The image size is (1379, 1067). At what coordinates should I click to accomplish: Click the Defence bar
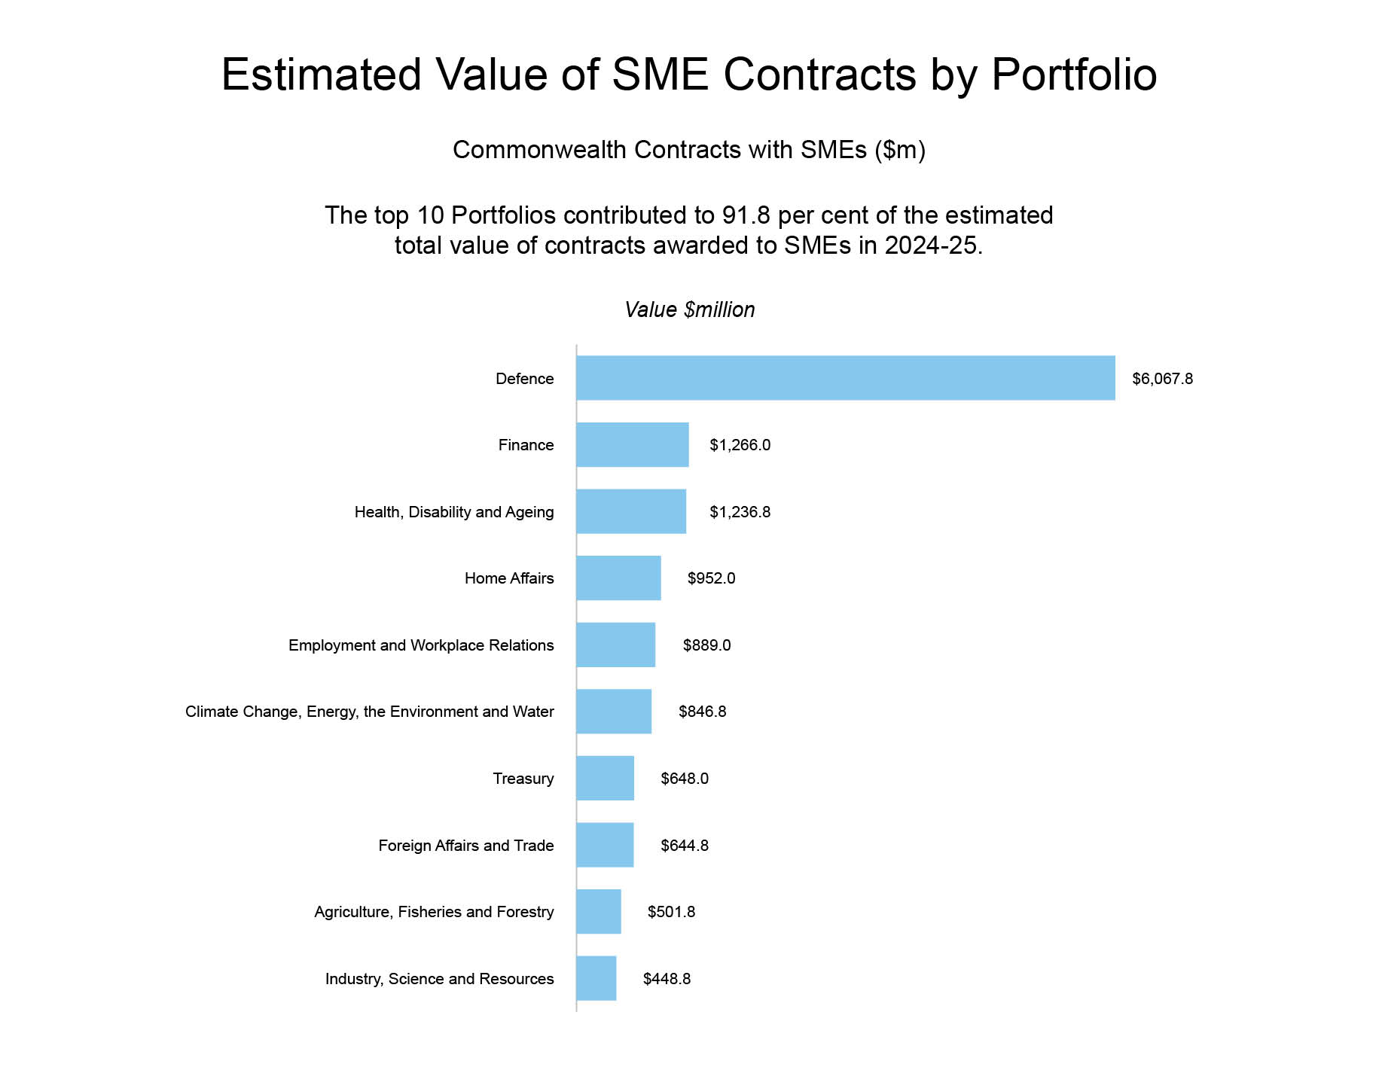(x=845, y=378)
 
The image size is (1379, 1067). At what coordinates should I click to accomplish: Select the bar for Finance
(x=632, y=445)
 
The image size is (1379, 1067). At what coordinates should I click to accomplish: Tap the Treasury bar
(x=605, y=779)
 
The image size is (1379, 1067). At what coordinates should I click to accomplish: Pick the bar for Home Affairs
(x=618, y=578)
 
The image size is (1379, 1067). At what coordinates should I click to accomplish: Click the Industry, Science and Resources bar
(x=596, y=979)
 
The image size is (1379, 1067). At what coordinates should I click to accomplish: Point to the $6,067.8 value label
(x=1162, y=379)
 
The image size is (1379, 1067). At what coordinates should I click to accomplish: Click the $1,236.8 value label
(x=740, y=512)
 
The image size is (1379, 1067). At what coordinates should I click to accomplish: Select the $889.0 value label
(x=706, y=645)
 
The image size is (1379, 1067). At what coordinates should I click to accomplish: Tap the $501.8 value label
(x=671, y=912)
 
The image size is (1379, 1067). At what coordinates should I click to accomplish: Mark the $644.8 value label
(x=684, y=846)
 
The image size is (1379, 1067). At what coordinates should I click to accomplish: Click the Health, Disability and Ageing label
(x=454, y=512)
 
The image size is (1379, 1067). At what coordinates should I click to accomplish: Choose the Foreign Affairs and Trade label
(x=465, y=846)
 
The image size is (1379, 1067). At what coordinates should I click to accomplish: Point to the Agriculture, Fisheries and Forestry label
(x=434, y=912)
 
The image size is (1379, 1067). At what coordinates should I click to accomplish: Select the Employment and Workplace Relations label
(x=421, y=645)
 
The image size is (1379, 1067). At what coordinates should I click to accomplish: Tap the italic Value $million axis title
(x=689, y=309)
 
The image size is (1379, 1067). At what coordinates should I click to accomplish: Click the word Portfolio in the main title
(x=1073, y=75)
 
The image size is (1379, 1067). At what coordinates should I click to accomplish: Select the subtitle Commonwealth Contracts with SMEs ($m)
(x=688, y=150)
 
